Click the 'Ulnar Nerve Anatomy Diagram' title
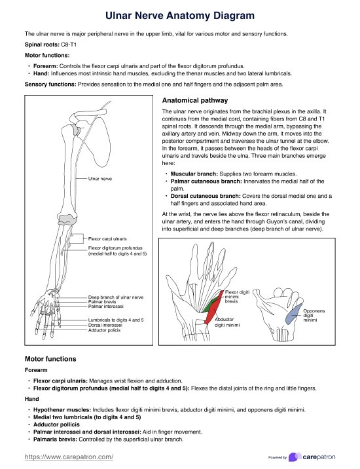pyautogui.click(x=180, y=16)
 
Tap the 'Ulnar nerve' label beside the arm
pyautogui.click(x=100, y=179)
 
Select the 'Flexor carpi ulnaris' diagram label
pyautogui.click(x=107, y=238)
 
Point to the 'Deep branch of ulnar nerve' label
pyautogui.click(x=116, y=297)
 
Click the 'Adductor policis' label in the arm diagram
pyautogui.click(x=104, y=330)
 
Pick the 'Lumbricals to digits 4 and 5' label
pyautogui.click(x=116, y=320)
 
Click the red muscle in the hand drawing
pyautogui.click(x=215, y=308)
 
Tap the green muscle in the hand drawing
pyautogui.click(x=210, y=306)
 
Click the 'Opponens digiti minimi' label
pyautogui.click(x=314, y=315)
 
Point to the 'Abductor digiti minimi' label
pyautogui.click(x=227, y=322)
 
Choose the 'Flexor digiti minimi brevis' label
pyautogui.click(x=237, y=297)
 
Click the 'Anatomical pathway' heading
pyautogui.click(x=195, y=100)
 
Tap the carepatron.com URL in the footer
pyautogui.click(x=69, y=457)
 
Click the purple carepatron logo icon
pyautogui.click(x=295, y=457)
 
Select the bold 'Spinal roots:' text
pyautogui.click(x=42, y=45)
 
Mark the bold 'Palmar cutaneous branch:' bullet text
pyautogui.click(x=206, y=181)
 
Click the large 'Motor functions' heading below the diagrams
pyautogui.click(x=50, y=359)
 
